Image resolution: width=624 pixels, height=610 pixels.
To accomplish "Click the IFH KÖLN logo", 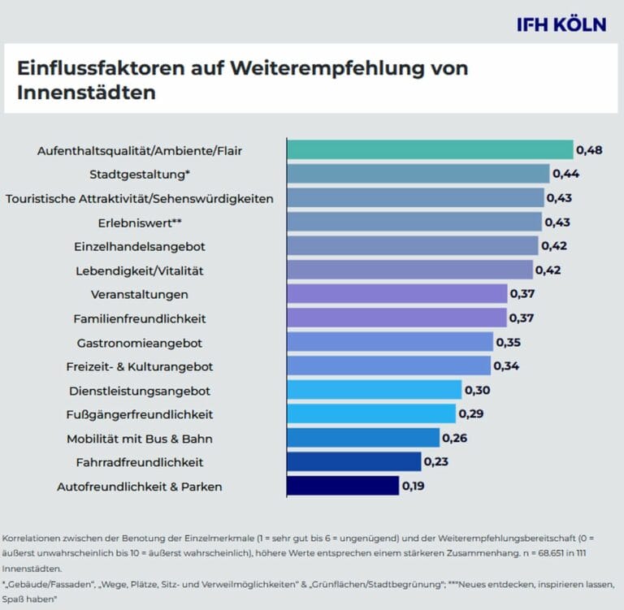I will pyautogui.click(x=561, y=24).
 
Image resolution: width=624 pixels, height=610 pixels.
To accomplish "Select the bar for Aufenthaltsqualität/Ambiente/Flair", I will pyautogui.click(x=430, y=150).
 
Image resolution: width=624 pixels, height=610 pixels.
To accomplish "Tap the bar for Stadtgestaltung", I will pyautogui.click(x=418, y=174).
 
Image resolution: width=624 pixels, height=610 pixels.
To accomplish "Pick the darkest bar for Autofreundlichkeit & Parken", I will pyautogui.click(x=343, y=486).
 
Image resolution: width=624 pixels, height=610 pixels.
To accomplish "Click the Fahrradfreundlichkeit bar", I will pyautogui.click(x=353, y=462).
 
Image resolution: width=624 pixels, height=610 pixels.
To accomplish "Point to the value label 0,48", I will pyautogui.click(x=588, y=150).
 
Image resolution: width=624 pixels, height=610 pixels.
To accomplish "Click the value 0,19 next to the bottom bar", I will pyautogui.click(x=413, y=487).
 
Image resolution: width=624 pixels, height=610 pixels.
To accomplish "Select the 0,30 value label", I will pyautogui.click(x=477, y=391).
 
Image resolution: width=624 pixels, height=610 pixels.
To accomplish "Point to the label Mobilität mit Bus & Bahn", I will pyautogui.click(x=135, y=439).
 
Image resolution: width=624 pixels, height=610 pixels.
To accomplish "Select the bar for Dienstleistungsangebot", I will pyautogui.click(x=374, y=390).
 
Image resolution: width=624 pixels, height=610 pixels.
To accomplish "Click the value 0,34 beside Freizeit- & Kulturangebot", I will pyautogui.click(x=506, y=366).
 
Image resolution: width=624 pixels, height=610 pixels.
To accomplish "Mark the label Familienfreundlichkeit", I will pyautogui.click(x=149, y=318).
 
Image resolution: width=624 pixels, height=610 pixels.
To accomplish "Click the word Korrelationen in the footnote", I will pyautogui.click(x=28, y=539).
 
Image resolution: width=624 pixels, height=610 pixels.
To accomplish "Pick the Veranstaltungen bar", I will pyautogui.click(x=396, y=294).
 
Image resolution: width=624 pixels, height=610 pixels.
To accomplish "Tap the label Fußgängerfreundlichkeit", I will pyautogui.click(x=139, y=414).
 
